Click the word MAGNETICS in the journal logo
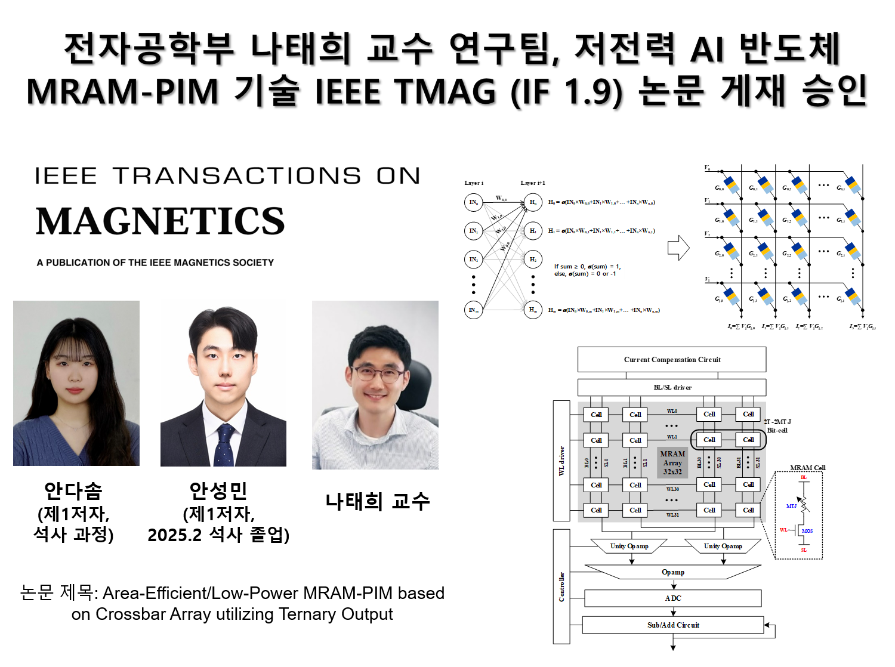[x=160, y=221]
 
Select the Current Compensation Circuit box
[x=672, y=360]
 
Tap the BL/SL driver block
[x=672, y=387]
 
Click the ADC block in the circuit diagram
[x=672, y=598]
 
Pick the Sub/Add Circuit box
[x=672, y=625]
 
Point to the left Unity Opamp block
[x=629, y=546]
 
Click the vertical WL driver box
[x=561, y=461]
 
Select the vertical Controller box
[x=561, y=586]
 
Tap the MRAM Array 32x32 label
[x=672, y=462]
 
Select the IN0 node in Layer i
[x=473, y=202]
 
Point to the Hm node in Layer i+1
[x=533, y=310]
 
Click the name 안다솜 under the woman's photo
[x=73, y=491]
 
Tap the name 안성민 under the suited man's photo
[x=218, y=491]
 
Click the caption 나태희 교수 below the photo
[x=377, y=501]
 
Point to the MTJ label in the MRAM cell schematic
[x=791, y=506]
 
